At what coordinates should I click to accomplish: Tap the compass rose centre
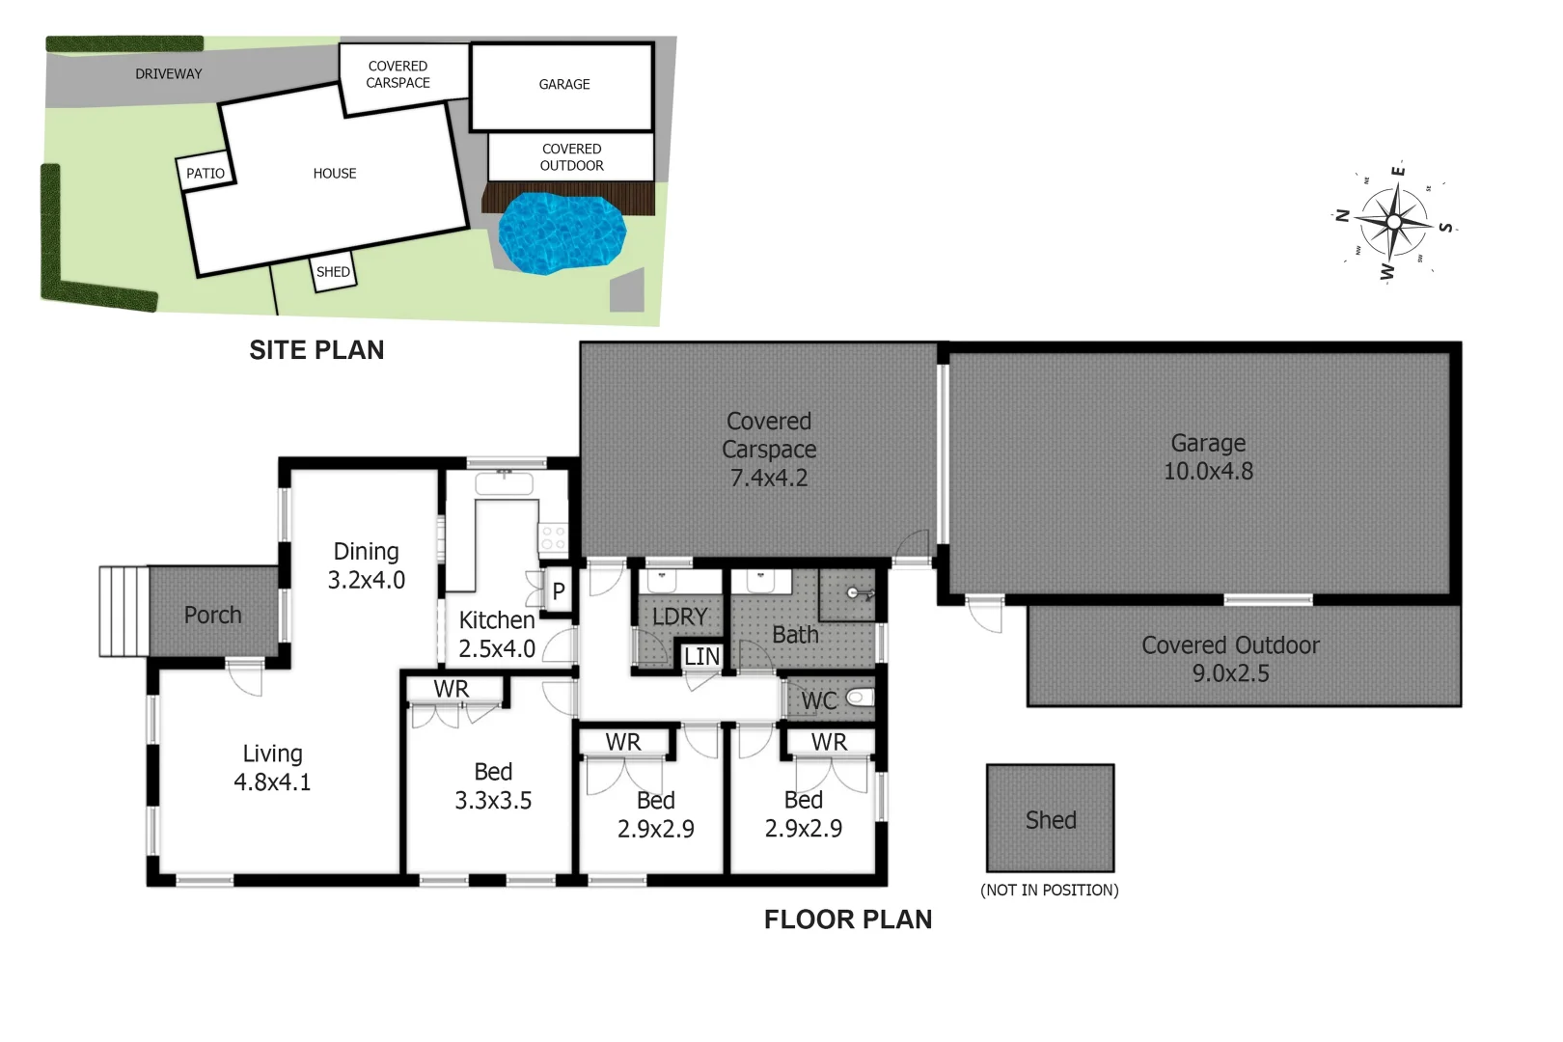pos(1394,222)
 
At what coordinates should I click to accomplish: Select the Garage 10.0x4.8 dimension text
pos(1208,472)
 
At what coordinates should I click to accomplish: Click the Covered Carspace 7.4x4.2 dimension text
pos(769,478)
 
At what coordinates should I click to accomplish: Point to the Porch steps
pos(124,612)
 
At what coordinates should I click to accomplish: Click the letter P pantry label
pos(558,591)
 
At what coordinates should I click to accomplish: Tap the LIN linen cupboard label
pos(701,657)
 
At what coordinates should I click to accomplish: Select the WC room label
pos(819,700)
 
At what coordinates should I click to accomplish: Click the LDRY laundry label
pos(679,617)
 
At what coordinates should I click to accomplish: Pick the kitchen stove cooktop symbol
pos(553,537)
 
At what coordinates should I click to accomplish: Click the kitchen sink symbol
pos(505,482)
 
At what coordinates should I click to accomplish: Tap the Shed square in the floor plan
pos(1050,818)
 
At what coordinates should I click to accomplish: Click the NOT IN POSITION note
pos(1050,890)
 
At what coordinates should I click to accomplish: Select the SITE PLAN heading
pos(316,349)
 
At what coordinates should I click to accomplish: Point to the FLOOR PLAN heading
pos(848,919)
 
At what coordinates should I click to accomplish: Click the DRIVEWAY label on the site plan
pos(169,74)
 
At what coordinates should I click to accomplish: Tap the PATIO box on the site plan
pos(205,173)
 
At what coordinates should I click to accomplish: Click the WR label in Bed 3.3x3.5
pos(452,689)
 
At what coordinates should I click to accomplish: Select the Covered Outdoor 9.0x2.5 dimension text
pos(1230,673)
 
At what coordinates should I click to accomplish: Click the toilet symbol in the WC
pos(860,697)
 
